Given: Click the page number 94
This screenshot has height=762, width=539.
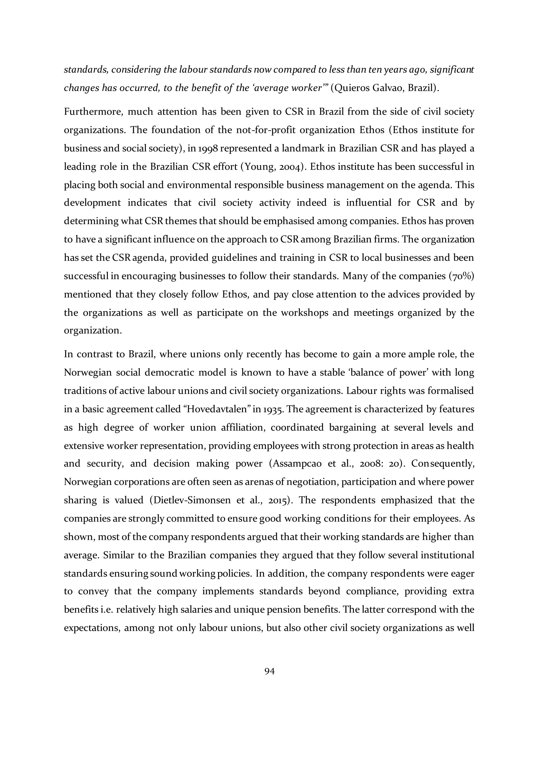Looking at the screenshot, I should [269, 671].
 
